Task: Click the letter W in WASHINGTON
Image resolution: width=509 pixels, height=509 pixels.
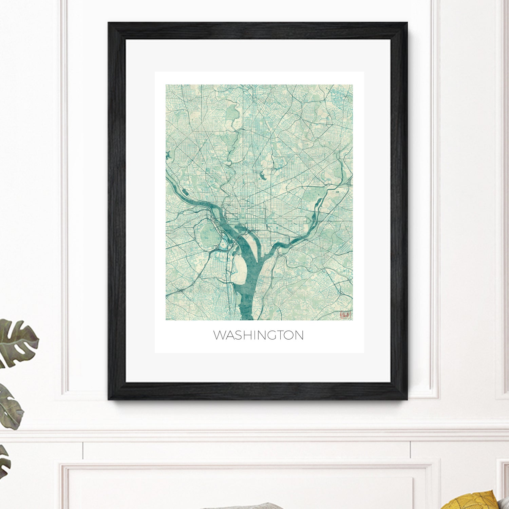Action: tap(219, 335)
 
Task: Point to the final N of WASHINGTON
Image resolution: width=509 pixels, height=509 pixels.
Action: tap(299, 335)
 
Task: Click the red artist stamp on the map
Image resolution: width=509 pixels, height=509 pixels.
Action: tap(345, 315)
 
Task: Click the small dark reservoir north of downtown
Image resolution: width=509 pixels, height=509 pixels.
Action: tap(262, 176)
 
